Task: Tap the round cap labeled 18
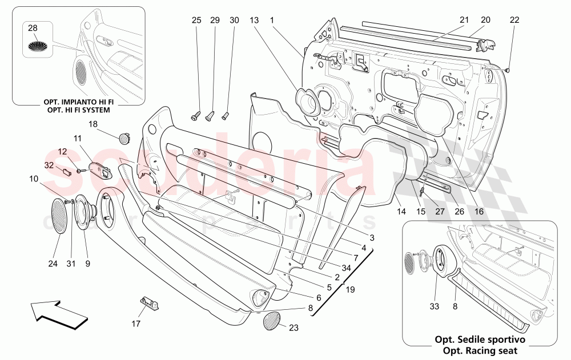123,137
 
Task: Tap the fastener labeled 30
225,116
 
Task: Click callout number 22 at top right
514,20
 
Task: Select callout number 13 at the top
254,20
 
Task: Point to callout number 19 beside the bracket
350,289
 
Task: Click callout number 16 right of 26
478,211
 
